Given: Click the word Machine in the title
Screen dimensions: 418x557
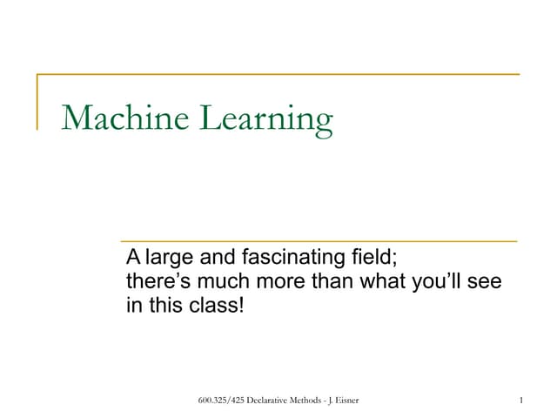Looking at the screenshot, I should pyautogui.click(x=126, y=118).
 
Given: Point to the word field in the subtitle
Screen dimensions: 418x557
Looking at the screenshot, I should pyautogui.click(x=378, y=258).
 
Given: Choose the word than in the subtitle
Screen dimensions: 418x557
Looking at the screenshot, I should pyautogui.click(x=334, y=282).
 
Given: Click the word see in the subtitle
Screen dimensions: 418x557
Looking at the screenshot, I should pyautogui.click(x=492, y=282).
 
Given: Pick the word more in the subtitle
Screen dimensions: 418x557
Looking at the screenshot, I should pyautogui.click(x=280, y=282).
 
